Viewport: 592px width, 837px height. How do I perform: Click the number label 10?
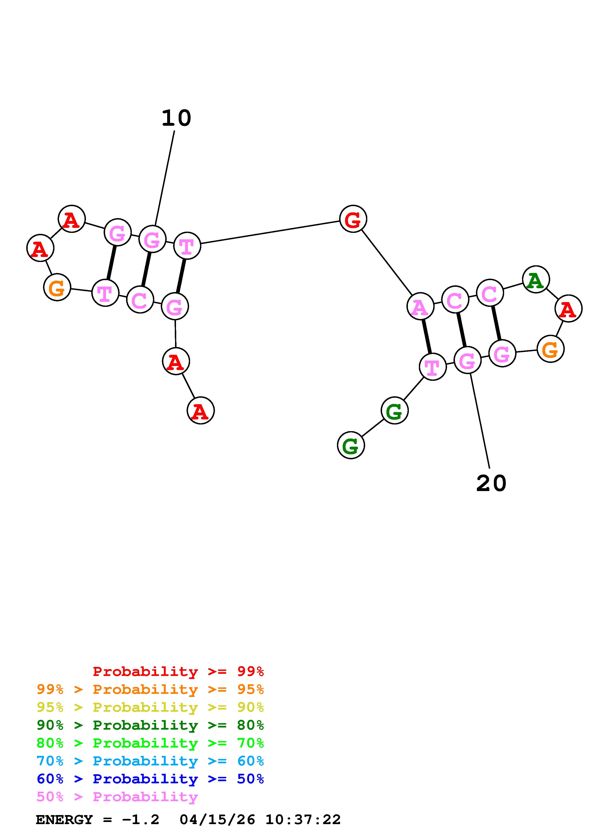coord(176,119)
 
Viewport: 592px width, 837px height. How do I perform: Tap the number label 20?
coord(491,484)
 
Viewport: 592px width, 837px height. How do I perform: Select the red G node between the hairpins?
coord(353,219)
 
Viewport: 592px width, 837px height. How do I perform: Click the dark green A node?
coord(535,280)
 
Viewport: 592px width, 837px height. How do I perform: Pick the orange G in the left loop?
coord(57,288)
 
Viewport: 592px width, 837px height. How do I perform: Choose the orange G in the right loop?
coord(550,349)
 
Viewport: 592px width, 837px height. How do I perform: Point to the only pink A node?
coord(420,307)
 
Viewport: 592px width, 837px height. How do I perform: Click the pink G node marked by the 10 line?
coord(152,239)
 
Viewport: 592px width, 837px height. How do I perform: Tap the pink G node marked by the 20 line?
coord(467,360)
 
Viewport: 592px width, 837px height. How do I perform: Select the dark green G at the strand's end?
coord(351,445)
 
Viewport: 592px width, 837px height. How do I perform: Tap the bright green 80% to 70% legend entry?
coord(150,743)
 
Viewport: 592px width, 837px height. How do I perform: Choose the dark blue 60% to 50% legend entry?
coord(150,779)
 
